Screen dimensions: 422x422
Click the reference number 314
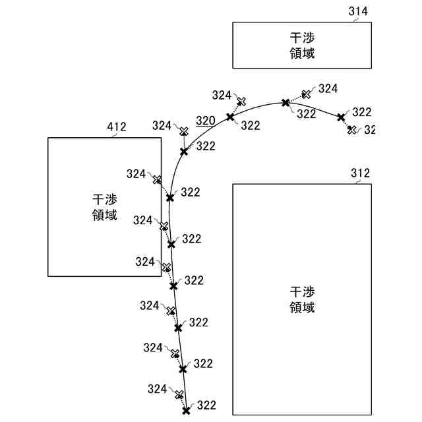tap(357, 11)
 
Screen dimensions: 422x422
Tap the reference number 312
tap(360, 173)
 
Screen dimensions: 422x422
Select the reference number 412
tap(116, 126)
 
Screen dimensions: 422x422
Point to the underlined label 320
tap(205, 121)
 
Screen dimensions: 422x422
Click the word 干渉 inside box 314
tap(302, 38)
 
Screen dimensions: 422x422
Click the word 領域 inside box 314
tap(302, 53)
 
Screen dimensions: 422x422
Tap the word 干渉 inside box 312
tap(302, 292)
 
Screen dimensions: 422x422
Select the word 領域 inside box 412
tap(105, 214)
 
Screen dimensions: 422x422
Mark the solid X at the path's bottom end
tap(187, 410)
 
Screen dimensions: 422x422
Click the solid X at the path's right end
tap(341, 117)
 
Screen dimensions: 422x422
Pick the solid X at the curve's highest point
tap(286, 102)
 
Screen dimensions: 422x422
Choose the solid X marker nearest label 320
tap(230, 117)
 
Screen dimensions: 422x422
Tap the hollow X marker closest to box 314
tap(307, 94)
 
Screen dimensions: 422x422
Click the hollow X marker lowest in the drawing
tap(178, 394)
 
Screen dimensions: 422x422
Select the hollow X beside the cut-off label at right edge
tap(352, 129)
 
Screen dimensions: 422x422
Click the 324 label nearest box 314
tap(328, 88)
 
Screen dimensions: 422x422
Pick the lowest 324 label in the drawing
tap(157, 388)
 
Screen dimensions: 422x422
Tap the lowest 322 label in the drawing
tap(206, 406)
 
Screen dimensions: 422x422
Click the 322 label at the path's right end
tap(362, 112)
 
